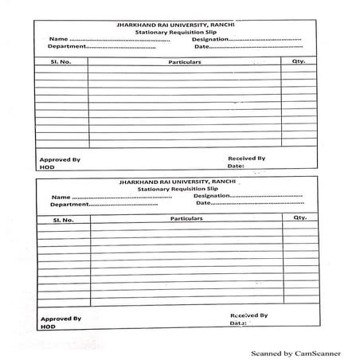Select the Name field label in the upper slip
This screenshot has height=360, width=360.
(57, 39)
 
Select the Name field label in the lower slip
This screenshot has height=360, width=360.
(61, 197)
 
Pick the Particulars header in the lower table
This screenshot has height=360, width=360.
(186, 218)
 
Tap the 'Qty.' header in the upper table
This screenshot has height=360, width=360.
(299, 61)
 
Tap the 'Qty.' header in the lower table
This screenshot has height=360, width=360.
(299, 217)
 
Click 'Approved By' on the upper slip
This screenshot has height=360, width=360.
(60, 160)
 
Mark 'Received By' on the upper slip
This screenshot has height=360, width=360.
(246, 158)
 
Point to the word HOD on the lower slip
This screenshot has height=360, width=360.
(48, 327)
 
